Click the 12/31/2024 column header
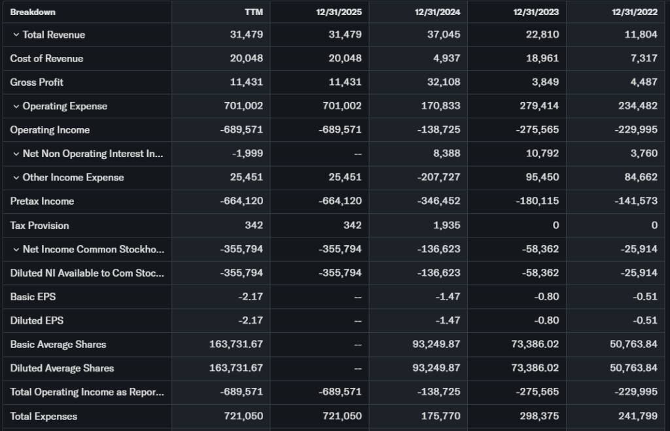click(437, 12)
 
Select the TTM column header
click(254, 12)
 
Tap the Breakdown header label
click(33, 12)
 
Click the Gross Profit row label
click(37, 82)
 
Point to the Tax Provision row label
click(39, 226)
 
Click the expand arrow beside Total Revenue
click(16, 35)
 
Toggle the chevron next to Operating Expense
click(16, 106)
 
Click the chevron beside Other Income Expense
click(16, 177)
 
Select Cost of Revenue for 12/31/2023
click(542, 58)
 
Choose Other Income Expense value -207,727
click(438, 177)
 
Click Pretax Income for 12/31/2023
click(537, 201)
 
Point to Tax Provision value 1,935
click(448, 226)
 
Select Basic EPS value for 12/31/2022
click(646, 297)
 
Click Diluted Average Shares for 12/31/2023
click(535, 368)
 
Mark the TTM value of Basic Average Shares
click(236, 345)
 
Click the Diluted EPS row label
click(37, 320)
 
